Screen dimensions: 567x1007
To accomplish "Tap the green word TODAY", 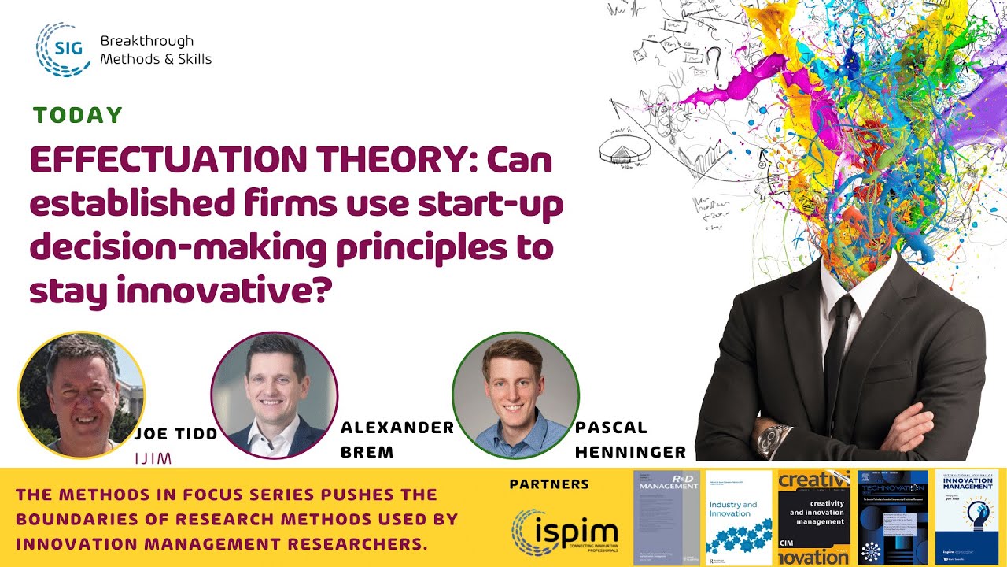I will [x=78, y=116].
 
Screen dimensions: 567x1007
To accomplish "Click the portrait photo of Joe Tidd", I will [x=81, y=395].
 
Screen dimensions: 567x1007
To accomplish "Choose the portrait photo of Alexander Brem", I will [x=274, y=395].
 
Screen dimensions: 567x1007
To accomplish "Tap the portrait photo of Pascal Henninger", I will [x=515, y=395].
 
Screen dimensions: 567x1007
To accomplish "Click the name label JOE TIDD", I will [x=176, y=434].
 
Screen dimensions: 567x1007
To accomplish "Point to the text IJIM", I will [x=153, y=458].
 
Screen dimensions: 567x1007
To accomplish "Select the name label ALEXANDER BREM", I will [x=397, y=439].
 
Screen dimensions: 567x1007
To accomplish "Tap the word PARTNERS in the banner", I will [x=549, y=484].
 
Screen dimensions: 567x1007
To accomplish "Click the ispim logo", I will [x=564, y=532].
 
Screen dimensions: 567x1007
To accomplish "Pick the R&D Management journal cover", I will [x=666, y=517].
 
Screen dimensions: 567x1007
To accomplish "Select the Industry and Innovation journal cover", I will [x=739, y=517].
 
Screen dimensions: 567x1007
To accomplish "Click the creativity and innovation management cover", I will [x=813, y=517].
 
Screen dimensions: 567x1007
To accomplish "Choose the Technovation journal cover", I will [x=889, y=517].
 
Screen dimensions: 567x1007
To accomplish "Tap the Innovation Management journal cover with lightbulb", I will [x=966, y=517].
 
